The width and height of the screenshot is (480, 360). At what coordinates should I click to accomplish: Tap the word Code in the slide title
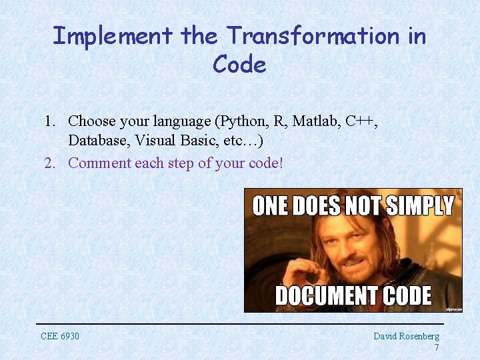coord(239,65)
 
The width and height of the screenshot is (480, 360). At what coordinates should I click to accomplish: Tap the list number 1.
coord(49,121)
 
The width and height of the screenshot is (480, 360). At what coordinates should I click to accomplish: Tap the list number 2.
coord(49,163)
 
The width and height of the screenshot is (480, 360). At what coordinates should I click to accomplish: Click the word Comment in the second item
coord(99,163)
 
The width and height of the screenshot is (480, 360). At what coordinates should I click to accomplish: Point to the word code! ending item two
coord(267,163)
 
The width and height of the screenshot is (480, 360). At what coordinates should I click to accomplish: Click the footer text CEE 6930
coord(60,336)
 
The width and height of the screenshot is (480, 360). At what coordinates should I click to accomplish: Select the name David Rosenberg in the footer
coord(406,336)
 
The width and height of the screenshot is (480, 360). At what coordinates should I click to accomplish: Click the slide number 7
coord(436,347)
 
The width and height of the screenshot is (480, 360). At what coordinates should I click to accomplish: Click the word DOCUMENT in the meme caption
coord(322,295)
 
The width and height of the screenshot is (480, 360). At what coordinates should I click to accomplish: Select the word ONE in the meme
coord(269,206)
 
